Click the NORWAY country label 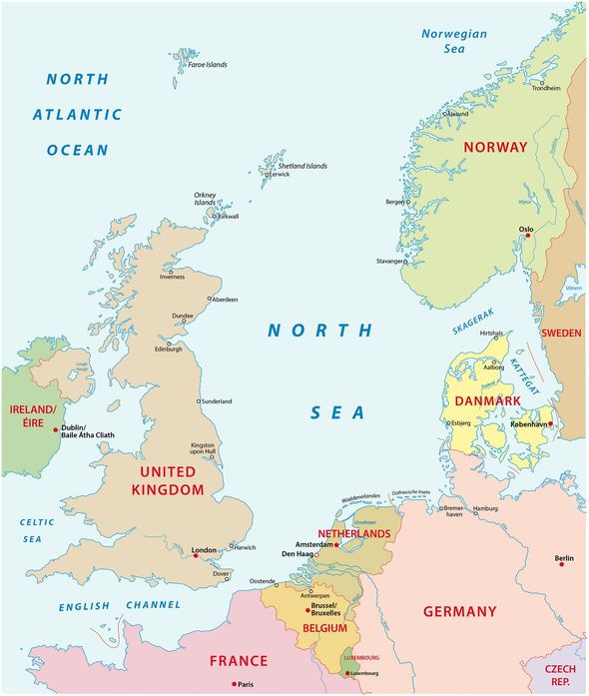[495, 147]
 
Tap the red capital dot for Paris [234, 684]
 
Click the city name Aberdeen [226, 299]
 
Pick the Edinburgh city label [168, 348]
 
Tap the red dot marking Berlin [562, 564]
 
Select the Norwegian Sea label [454, 41]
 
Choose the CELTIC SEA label [35, 530]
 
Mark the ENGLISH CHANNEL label [119, 605]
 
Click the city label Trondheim [547, 88]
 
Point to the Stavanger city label [389, 262]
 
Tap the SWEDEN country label [561, 333]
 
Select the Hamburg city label [485, 509]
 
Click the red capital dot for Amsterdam [337, 544]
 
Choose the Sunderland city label [217, 401]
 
